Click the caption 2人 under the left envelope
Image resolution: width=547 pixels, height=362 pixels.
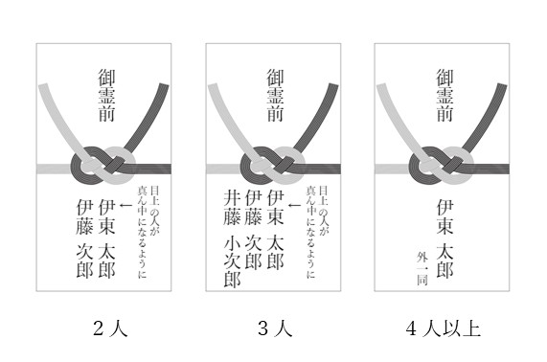pyautogui.click(x=110, y=328)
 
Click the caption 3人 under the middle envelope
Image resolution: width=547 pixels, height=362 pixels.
pyautogui.click(x=275, y=328)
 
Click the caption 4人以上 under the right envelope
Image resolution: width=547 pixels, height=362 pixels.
pyautogui.click(x=443, y=328)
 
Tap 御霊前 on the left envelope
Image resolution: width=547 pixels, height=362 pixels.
pyautogui.click(x=106, y=95)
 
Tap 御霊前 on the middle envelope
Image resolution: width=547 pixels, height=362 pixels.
pyautogui.click(x=276, y=95)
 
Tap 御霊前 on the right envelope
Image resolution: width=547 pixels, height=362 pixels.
pyautogui.click(x=444, y=95)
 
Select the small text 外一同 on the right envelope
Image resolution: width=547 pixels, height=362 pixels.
pyautogui.click(x=422, y=268)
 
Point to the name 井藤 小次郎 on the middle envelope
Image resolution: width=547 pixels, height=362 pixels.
pyautogui.click(x=233, y=238)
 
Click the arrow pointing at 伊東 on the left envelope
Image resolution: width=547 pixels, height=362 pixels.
pyautogui.click(x=125, y=205)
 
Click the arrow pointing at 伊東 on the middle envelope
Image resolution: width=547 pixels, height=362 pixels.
pyautogui.click(x=294, y=205)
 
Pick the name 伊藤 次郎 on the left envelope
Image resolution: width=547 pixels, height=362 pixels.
pyautogui.click(x=84, y=238)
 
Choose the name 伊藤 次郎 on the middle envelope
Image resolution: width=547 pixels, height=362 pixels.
pyautogui.click(x=253, y=230)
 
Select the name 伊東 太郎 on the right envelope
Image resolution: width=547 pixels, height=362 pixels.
pyautogui.click(x=444, y=238)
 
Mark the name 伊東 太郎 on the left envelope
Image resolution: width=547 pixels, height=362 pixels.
pyautogui.click(x=106, y=238)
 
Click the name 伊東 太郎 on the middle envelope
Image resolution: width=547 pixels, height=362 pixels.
pyautogui.click(x=276, y=230)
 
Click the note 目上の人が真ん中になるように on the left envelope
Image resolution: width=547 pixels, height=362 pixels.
pyautogui.click(x=148, y=232)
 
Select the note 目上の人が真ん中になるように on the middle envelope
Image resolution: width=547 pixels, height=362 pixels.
pyautogui.click(x=317, y=232)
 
